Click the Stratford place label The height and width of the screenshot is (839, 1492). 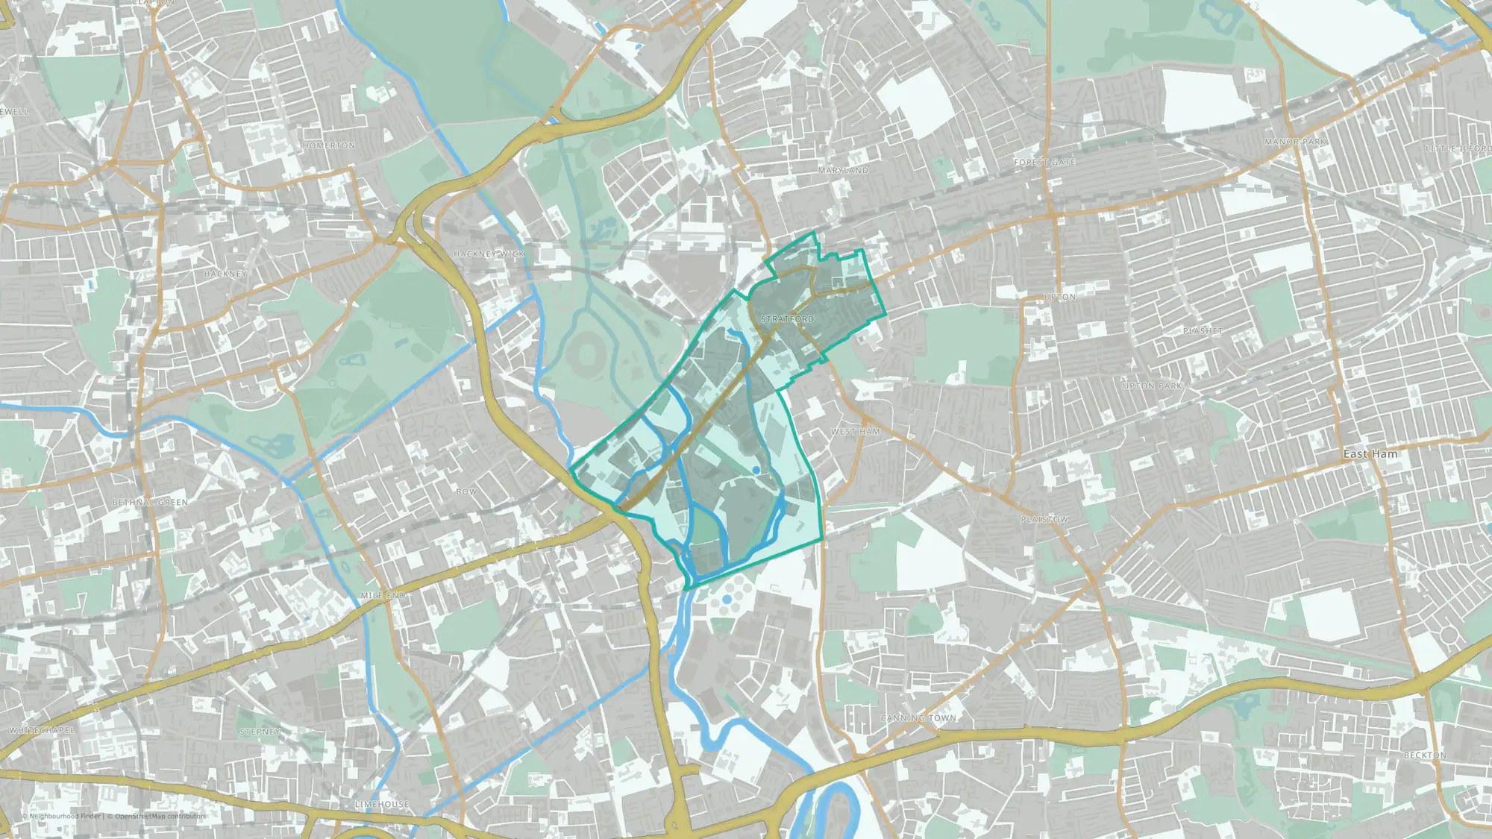point(787,319)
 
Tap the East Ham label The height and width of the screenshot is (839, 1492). point(1370,454)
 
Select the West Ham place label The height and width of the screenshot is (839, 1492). point(856,432)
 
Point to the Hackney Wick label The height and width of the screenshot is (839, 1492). point(489,254)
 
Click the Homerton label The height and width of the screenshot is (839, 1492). point(329,145)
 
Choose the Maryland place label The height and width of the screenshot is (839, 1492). point(843,171)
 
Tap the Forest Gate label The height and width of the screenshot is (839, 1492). point(1044,162)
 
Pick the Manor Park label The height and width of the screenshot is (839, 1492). point(1295,142)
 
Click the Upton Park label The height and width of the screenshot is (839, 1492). point(1152,386)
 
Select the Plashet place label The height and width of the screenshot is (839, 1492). point(1203,330)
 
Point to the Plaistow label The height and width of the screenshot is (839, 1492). point(1044,519)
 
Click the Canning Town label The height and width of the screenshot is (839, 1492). point(918,718)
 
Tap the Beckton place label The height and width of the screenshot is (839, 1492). point(1425,755)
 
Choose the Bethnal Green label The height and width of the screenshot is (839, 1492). point(150,503)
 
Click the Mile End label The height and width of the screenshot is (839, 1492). point(383,596)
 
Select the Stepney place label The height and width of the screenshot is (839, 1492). point(260,732)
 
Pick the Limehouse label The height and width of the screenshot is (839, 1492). point(381,804)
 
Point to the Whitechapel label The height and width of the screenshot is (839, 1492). point(42,730)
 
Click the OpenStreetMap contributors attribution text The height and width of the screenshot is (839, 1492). point(160,816)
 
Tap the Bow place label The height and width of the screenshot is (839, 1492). point(466,491)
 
